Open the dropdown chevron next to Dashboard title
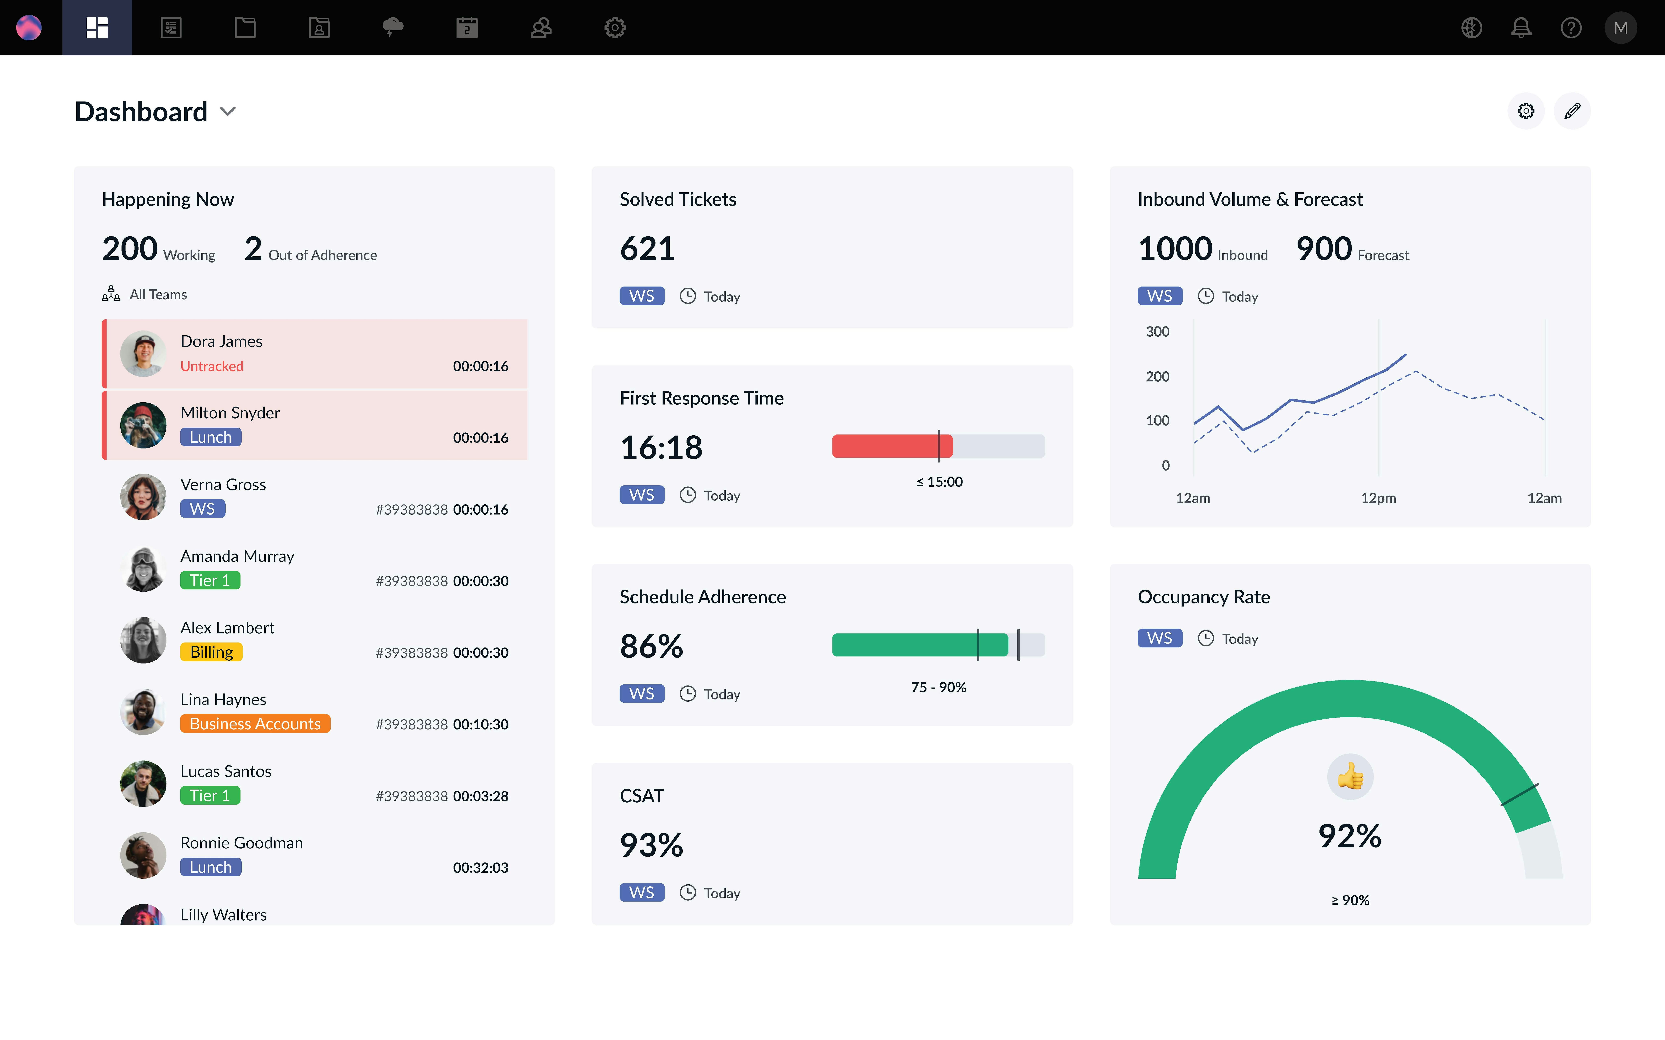[228, 112]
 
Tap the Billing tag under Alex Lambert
[211, 652]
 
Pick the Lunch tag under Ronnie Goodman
[211, 867]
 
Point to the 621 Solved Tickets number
[647, 248]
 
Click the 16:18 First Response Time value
[661, 448]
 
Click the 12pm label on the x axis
[1378, 498]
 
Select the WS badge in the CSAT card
[641, 893]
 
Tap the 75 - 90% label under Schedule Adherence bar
[938, 687]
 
